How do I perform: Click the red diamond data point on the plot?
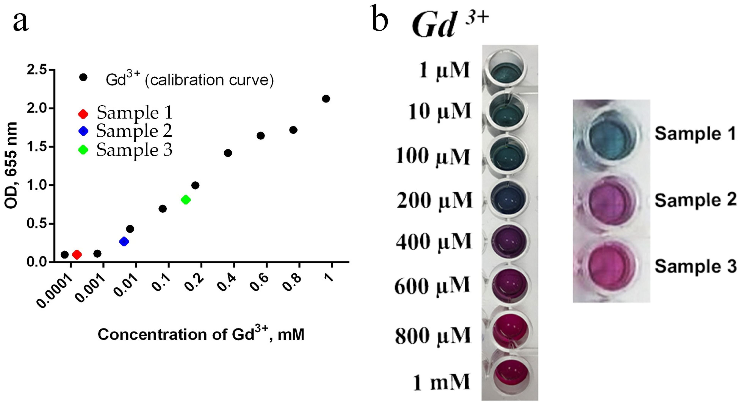[77, 254]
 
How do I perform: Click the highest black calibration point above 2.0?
[326, 99]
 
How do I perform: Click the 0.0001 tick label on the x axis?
[54, 291]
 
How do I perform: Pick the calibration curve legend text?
[189, 80]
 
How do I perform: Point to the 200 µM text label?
[434, 200]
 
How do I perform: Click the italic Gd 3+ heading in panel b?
[449, 24]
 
